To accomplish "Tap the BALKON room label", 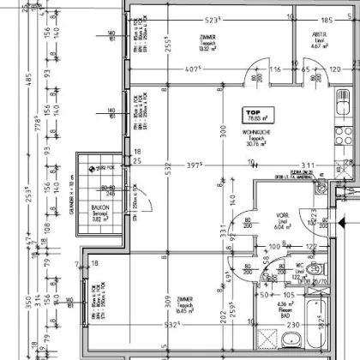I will pyautogui.click(x=99, y=212).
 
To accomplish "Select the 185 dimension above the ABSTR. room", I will pyautogui.click(x=325, y=19).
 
